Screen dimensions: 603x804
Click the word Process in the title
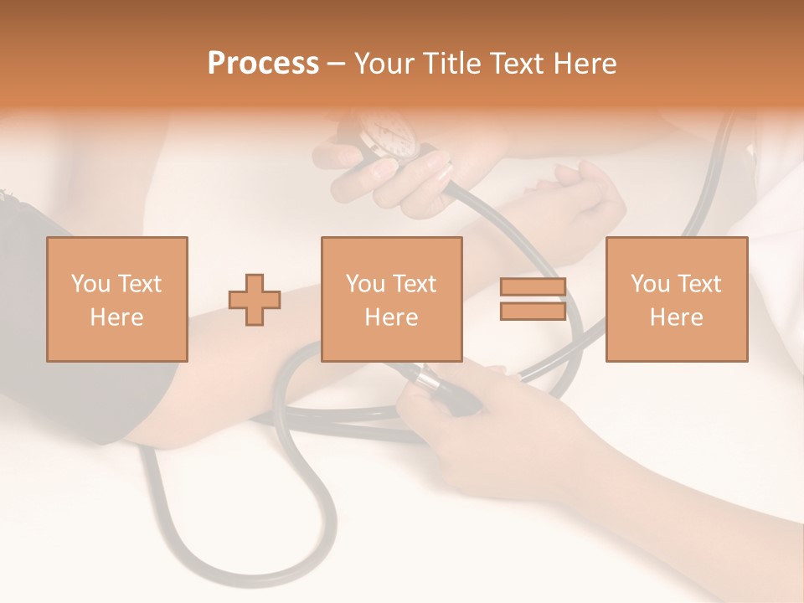point(263,64)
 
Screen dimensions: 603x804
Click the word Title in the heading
point(451,64)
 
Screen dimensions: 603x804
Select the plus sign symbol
point(255,300)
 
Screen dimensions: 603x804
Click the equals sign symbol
point(533,299)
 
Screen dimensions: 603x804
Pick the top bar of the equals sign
point(533,287)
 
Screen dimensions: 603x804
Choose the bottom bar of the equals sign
point(533,311)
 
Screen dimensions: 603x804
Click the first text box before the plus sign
point(116,299)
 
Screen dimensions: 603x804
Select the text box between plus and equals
point(391,299)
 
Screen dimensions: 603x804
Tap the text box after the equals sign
point(676,299)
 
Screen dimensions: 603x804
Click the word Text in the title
point(514,64)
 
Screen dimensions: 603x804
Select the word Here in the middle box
point(391,317)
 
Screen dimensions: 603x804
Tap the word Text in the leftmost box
point(138,284)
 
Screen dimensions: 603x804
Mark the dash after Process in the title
point(336,64)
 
